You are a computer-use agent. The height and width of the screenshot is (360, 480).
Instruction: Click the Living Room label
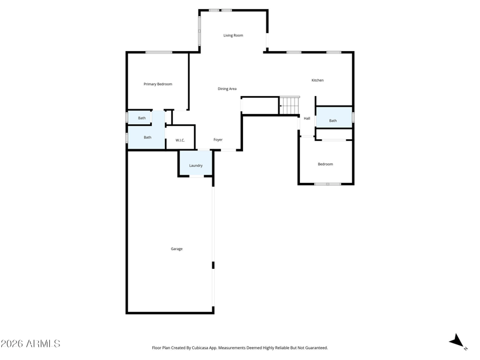(233, 35)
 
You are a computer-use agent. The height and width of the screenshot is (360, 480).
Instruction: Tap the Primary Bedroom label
(158, 84)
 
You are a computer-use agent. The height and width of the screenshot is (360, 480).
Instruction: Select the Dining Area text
(227, 89)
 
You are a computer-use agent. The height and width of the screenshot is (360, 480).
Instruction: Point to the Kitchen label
(317, 80)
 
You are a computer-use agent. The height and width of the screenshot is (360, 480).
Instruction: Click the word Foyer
(218, 140)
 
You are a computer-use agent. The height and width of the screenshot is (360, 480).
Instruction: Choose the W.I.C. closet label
(180, 140)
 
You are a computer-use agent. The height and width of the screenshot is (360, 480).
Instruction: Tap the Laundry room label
(196, 166)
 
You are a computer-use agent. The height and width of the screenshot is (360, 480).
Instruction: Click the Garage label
(176, 249)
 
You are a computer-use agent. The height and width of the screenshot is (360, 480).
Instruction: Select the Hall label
(307, 118)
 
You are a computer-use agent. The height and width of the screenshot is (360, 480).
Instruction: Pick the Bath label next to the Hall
(333, 121)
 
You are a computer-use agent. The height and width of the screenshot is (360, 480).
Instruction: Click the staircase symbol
(289, 106)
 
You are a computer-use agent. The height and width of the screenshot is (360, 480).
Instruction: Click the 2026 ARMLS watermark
(31, 343)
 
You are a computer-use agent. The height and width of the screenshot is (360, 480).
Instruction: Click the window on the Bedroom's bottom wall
(328, 184)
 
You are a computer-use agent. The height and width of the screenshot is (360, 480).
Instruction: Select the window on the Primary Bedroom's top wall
(158, 52)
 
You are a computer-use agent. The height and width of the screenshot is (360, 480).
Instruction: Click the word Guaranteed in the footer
(317, 348)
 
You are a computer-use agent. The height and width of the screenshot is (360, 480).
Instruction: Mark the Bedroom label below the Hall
(325, 164)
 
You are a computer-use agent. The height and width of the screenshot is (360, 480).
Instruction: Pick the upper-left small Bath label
(142, 118)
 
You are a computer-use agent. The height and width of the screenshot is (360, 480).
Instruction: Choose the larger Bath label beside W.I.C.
(148, 137)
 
